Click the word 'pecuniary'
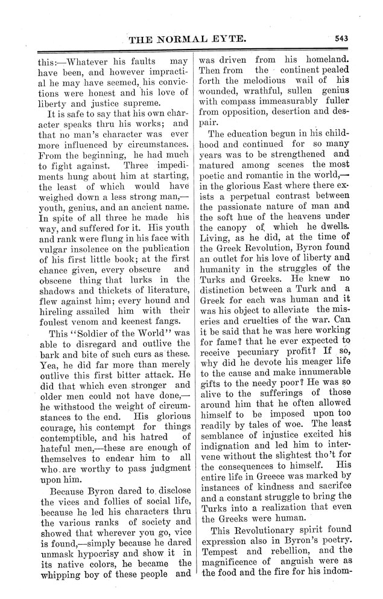pos(268,366)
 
